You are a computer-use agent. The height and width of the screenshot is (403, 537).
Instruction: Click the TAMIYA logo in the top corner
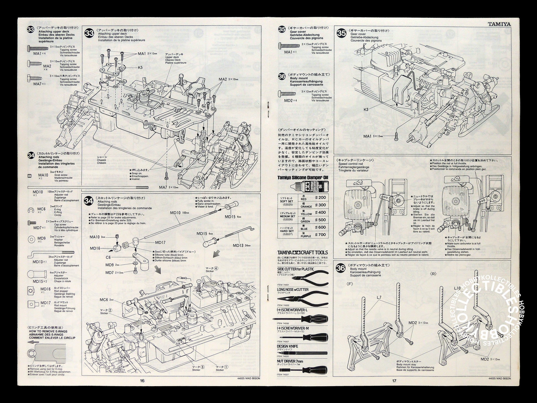(499, 24)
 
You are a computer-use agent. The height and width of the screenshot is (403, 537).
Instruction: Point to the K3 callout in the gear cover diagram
(366, 110)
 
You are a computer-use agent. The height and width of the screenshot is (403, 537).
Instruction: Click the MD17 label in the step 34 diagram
(160, 242)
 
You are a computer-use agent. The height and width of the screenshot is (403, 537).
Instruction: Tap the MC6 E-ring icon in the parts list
(31, 211)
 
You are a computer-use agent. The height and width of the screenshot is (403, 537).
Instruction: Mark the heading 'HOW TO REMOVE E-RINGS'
(48, 332)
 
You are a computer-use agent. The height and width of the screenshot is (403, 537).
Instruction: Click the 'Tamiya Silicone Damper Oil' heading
(302, 177)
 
